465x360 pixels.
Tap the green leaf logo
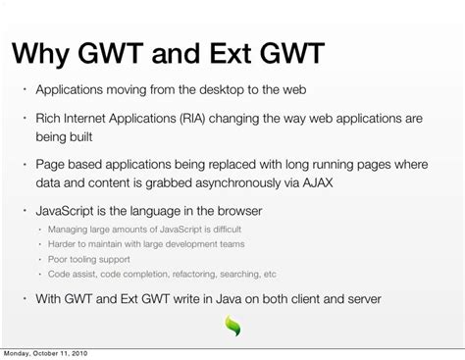(x=232, y=326)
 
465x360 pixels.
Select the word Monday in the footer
(x=17, y=353)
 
